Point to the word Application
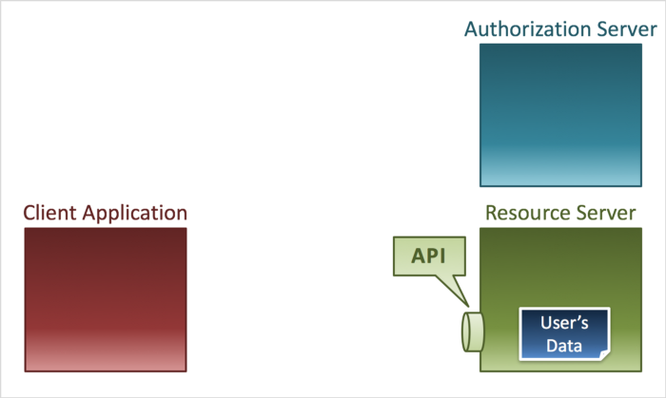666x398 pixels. click(133, 213)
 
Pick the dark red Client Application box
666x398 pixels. click(105, 299)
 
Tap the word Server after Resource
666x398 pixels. click(607, 212)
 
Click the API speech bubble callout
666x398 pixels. click(429, 256)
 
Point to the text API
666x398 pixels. click(429, 256)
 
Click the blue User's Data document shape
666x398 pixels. click(564, 333)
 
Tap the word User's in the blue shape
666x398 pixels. click(564, 323)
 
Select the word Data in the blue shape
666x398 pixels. click(564, 346)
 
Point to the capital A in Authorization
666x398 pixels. click(472, 28)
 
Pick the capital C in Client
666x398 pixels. click(29, 212)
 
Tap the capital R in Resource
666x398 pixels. click(492, 212)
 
